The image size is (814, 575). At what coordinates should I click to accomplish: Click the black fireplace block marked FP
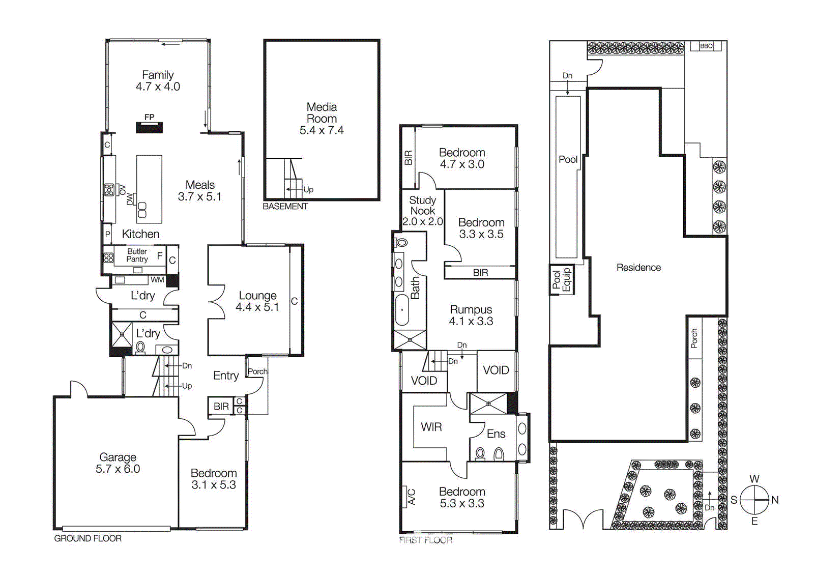point(149,127)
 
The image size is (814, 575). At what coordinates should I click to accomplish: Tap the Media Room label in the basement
point(322,119)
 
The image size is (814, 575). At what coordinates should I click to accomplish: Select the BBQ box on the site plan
point(706,46)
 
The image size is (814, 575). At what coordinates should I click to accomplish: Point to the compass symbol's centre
point(754,500)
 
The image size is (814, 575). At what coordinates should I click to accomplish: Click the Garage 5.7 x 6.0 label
point(118,463)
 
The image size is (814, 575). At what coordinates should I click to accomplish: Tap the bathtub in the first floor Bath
point(402,309)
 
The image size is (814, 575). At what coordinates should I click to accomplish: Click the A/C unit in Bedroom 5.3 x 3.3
point(411,497)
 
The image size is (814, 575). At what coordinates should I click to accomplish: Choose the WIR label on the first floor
point(431,427)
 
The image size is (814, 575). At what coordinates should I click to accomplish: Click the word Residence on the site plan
point(638,268)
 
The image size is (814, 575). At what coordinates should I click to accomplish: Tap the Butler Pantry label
point(137,255)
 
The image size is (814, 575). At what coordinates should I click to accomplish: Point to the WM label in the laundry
point(157,280)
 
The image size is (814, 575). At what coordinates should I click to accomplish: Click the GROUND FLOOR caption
point(88,538)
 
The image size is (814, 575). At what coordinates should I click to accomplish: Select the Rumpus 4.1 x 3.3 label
point(471,315)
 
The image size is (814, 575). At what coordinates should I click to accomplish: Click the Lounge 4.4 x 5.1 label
point(257,301)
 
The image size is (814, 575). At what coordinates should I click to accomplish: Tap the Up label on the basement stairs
point(308,189)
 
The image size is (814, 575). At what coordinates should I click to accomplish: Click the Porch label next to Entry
point(257,371)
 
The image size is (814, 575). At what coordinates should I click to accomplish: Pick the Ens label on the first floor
point(496,434)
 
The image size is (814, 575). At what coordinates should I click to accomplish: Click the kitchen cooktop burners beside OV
point(109,190)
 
